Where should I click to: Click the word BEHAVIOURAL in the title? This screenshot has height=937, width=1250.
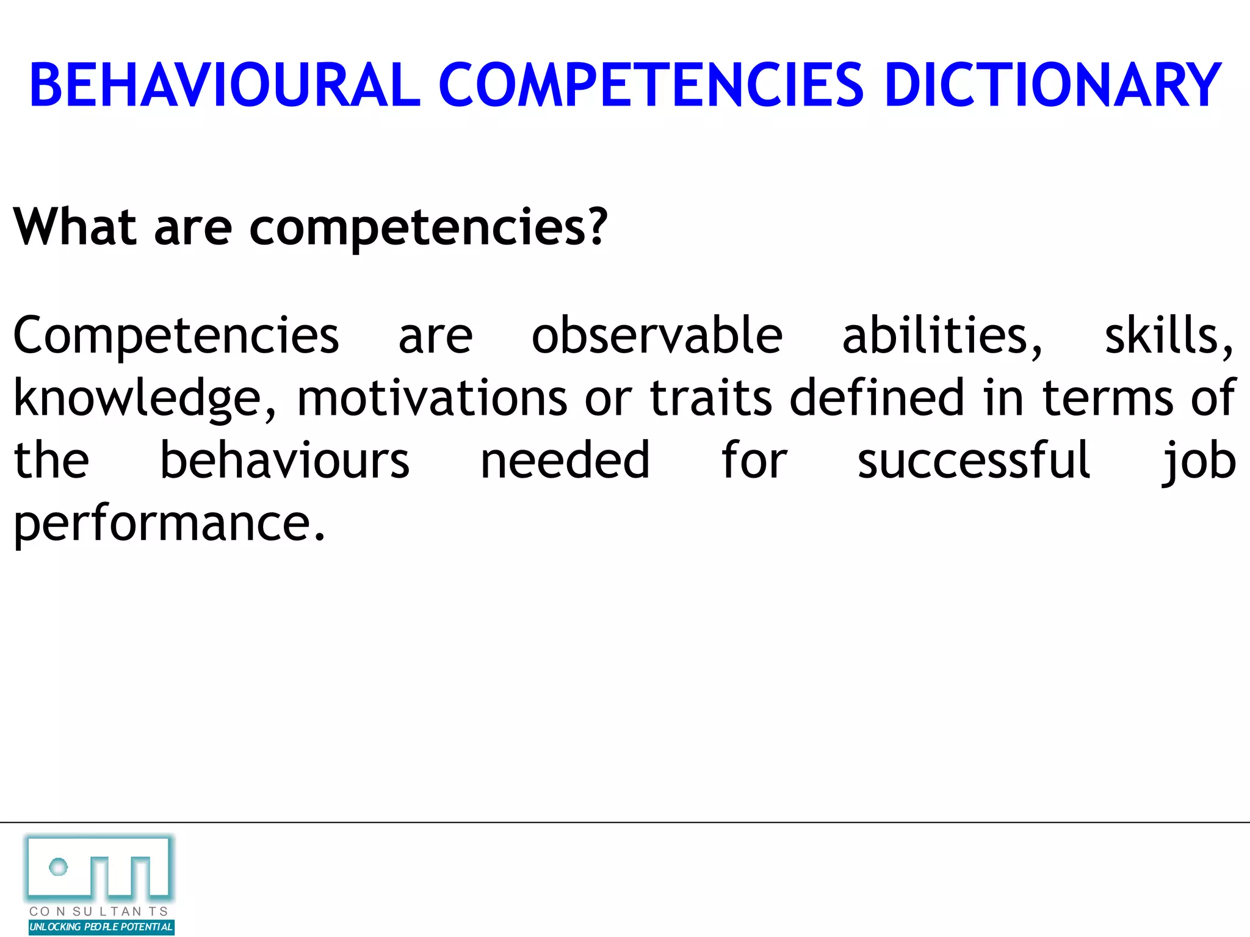point(225,85)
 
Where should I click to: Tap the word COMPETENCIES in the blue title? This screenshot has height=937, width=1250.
point(651,85)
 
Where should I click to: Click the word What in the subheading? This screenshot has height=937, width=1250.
point(74,227)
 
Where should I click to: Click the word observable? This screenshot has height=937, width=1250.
point(657,336)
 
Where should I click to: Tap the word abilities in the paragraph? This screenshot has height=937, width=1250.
point(942,336)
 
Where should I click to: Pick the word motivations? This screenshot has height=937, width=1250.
point(432,398)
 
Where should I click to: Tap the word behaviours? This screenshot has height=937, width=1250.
point(284,461)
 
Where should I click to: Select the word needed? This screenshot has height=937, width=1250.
point(565,461)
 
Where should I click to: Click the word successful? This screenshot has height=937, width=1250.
point(974,461)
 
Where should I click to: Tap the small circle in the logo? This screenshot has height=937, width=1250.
point(59,866)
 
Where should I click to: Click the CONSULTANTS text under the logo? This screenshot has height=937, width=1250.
point(99,911)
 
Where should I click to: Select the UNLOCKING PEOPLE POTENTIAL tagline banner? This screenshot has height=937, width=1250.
point(101,927)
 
